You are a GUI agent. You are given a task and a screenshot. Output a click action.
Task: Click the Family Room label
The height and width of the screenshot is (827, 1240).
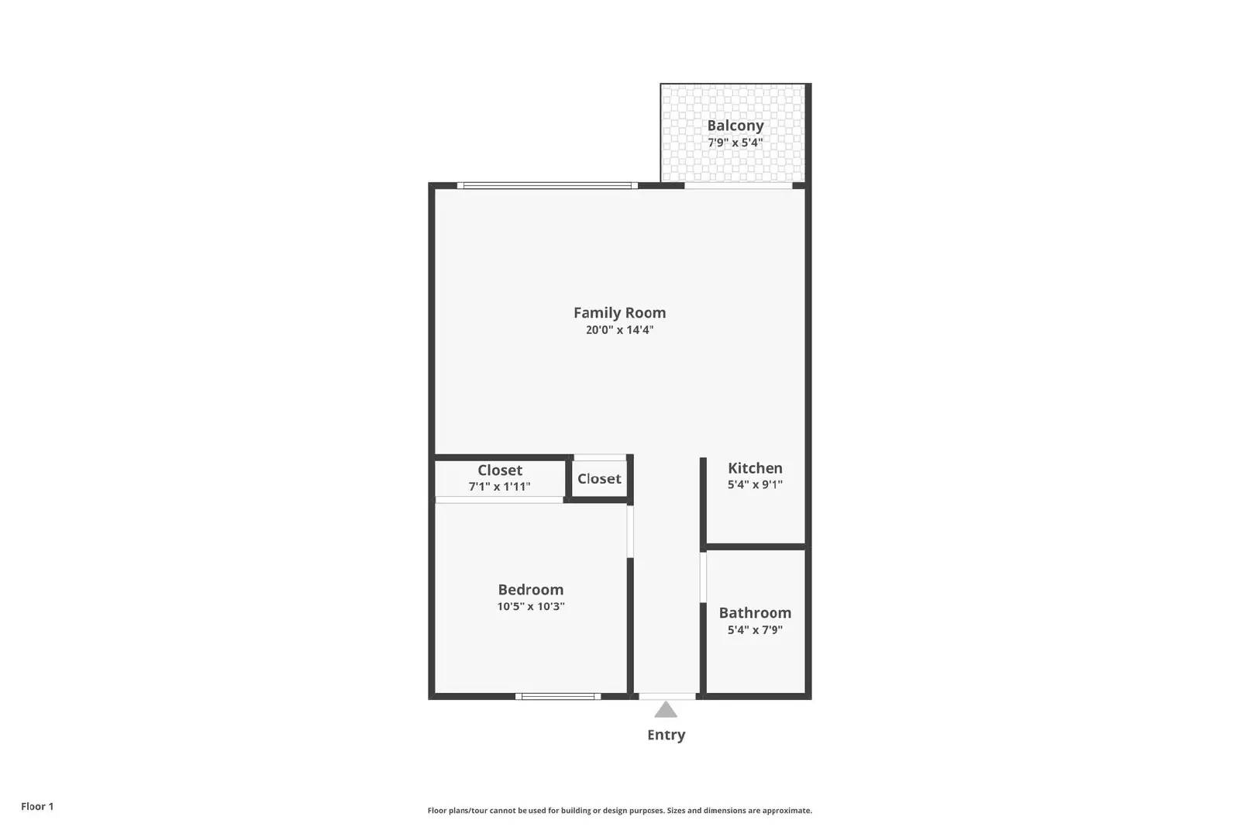[x=619, y=312]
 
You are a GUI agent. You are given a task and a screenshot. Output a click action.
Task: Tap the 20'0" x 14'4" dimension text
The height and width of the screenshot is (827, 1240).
[x=619, y=330]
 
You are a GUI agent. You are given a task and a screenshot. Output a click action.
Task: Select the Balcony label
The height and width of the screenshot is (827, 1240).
[x=735, y=126]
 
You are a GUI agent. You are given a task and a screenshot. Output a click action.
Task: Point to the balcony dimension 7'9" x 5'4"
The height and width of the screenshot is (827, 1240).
[x=735, y=143]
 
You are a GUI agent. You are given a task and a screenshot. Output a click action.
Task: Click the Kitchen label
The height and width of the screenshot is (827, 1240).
[x=755, y=468]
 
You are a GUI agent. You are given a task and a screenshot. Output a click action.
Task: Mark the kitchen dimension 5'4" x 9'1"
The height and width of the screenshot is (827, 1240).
[x=755, y=484]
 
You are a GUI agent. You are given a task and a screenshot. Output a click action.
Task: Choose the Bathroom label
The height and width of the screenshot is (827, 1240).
[x=755, y=613]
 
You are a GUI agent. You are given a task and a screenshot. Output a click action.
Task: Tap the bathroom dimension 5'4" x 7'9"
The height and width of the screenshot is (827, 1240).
[x=755, y=630]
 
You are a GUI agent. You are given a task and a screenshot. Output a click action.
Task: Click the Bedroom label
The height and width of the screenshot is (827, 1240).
[x=530, y=590]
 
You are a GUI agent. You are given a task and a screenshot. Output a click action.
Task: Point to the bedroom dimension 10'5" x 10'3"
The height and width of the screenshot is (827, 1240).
[x=530, y=607]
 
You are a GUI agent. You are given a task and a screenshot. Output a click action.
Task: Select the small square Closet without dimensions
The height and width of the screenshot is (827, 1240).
[x=599, y=479]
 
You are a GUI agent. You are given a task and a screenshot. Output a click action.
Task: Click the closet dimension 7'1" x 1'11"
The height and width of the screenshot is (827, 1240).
[x=499, y=487]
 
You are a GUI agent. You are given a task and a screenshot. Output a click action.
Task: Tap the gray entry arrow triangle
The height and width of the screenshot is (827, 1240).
[x=666, y=710]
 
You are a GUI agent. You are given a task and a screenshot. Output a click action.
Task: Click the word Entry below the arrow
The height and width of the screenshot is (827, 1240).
[x=666, y=735]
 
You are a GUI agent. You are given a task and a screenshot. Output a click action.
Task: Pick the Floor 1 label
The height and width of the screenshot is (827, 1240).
[x=37, y=807]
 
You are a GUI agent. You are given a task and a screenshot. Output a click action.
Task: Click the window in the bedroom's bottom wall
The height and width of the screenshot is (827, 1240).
[x=558, y=696]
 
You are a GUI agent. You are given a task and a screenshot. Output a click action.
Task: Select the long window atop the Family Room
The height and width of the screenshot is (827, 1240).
[x=547, y=185]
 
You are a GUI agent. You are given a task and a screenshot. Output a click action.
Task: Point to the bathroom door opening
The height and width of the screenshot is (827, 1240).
[x=703, y=577]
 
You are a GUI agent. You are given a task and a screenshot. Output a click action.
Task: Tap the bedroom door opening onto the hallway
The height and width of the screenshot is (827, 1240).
[x=630, y=531]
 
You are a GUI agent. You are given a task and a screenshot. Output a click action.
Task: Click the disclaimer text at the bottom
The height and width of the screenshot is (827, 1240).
[x=619, y=811]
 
